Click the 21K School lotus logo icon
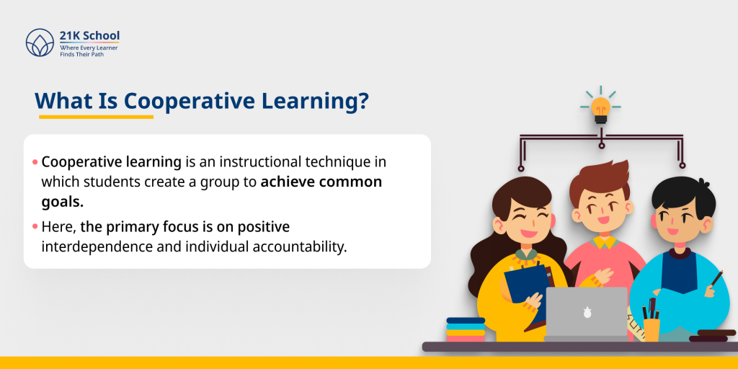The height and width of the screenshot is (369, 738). (39, 43)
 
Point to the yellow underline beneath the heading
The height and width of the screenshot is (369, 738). (96, 116)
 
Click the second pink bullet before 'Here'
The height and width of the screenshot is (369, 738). (35, 227)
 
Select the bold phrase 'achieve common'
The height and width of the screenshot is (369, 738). (321, 182)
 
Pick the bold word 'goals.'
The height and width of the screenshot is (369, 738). (63, 201)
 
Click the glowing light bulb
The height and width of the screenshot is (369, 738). (600, 108)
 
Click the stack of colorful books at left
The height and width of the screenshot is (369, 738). (465, 329)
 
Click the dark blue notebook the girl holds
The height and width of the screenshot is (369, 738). (525, 285)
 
